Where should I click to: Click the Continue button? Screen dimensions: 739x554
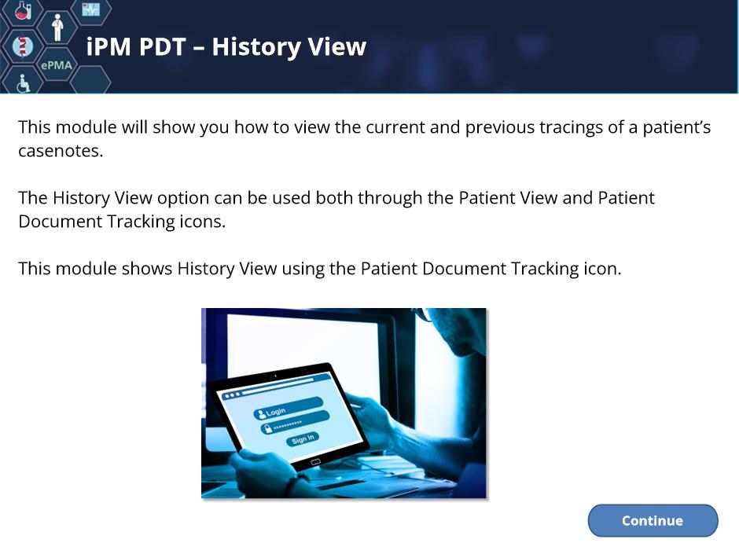[x=653, y=520]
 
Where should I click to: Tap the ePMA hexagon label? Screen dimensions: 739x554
[x=57, y=65]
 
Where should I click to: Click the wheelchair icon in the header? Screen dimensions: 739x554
[x=23, y=83]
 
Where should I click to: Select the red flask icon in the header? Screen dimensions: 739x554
[x=23, y=10]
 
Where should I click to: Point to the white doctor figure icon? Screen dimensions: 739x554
[x=57, y=28]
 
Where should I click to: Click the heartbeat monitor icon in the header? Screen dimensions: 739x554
[x=91, y=9]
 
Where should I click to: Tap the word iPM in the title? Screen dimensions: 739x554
[x=108, y=46]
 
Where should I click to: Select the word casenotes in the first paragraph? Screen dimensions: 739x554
[x=61, y=151]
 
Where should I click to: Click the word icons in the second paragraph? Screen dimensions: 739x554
[x=203, y=222]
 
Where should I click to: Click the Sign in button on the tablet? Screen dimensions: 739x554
[x=303, y=439]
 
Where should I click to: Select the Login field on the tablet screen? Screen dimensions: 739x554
[x=289, y=408]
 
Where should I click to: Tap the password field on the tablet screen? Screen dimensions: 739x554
[x=295, y=423]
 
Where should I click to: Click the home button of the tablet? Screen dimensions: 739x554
[x=315, y=462]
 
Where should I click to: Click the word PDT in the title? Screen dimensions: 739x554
[x=163, y=46]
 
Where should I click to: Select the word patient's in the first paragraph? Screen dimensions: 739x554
[x=677, y=127]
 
